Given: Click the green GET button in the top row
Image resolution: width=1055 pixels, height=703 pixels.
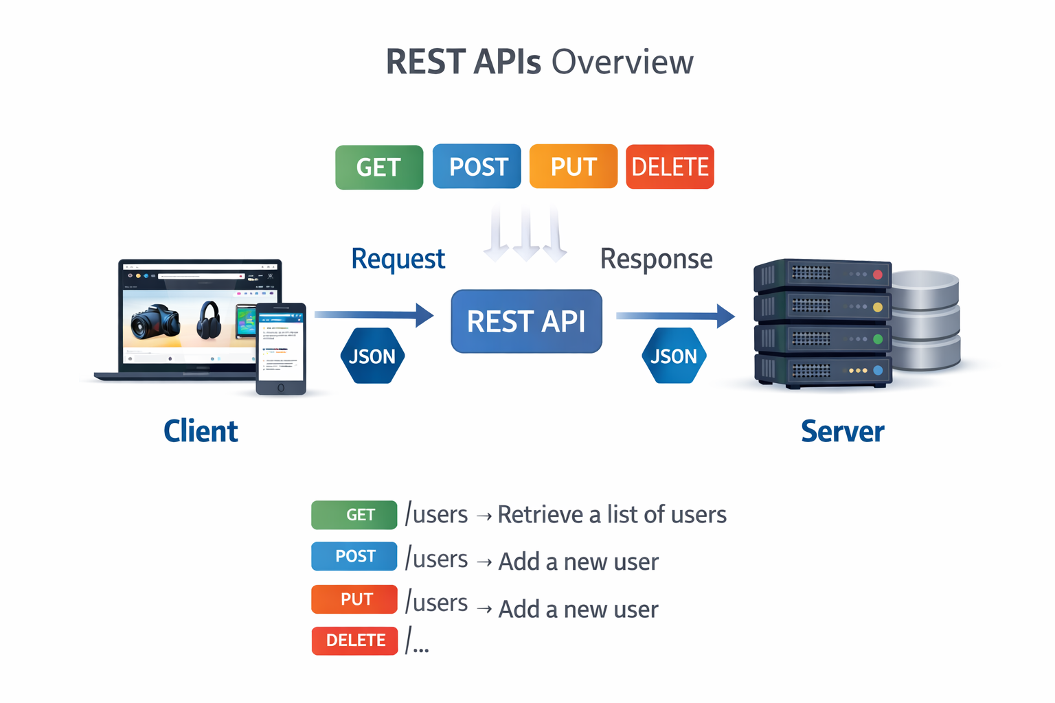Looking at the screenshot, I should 379,168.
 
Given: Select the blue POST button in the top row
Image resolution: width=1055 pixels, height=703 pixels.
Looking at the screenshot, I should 477,167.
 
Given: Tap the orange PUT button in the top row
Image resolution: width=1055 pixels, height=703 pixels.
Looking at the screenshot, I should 574,167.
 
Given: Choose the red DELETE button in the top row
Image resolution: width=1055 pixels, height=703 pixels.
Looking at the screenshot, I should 670,167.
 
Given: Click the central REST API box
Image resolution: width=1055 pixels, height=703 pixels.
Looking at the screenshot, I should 526,321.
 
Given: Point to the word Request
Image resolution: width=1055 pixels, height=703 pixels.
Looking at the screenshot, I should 398,260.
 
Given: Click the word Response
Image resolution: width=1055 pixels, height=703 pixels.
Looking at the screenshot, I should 656,260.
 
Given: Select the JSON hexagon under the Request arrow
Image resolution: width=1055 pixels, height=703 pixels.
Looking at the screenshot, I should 372,356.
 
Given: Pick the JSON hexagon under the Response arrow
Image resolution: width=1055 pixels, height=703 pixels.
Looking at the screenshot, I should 674,356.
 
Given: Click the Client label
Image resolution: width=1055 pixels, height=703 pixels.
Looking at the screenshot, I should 201,431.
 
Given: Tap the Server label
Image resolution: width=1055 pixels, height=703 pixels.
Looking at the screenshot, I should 842,431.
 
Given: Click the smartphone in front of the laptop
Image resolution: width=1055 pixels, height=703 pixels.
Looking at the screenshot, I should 281,348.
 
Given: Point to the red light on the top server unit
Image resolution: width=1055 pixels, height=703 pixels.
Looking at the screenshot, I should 877,275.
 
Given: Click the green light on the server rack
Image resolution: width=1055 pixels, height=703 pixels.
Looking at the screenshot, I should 877,338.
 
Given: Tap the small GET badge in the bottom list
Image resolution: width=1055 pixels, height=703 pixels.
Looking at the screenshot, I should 354,515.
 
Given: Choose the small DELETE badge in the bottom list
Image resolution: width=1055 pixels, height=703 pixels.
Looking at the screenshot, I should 354,641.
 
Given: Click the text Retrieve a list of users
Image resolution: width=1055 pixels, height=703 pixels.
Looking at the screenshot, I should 611,515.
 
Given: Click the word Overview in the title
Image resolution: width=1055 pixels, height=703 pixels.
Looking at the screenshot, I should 622,62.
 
